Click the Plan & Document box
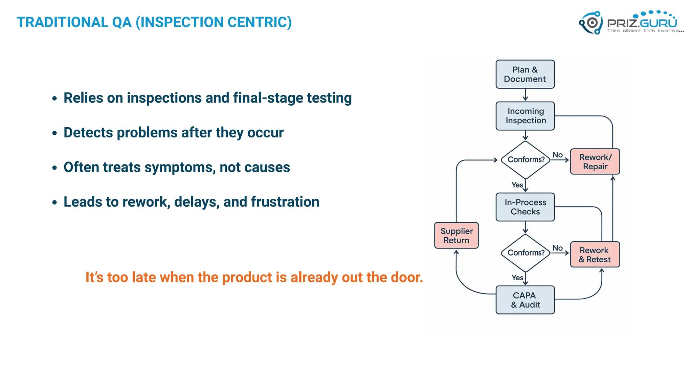[x=525, y=74]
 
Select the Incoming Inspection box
[x=525, y=116]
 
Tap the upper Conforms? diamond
[x=526, y=159]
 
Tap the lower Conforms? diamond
[x=526, y=253]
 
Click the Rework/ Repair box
[x=595, y=161]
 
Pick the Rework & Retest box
[x=595, y=255]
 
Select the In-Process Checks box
[x=525, y=207]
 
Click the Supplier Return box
[x=456, y=235]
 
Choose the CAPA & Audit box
[x=525, y=300]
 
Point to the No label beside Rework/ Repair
[x=557, y=155]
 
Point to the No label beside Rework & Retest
[x=557, y=248]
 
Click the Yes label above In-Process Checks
[x=517, y=185]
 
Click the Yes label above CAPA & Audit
[x=517, y=278]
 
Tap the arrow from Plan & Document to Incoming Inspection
[x=525, y=95]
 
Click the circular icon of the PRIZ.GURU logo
[x=591, y=23]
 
